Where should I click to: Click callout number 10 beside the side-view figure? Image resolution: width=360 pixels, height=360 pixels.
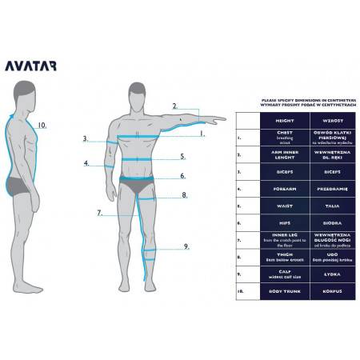pyautogui.click(x=42, y=125)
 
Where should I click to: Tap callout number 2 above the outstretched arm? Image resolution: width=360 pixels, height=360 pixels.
pyautogui.click(x=174, y=106)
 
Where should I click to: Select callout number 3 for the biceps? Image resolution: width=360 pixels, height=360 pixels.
pyautogui.click(x=85, y=138)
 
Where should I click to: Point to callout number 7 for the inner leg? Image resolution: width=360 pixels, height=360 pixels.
pyautogui.click(x=99, y=213)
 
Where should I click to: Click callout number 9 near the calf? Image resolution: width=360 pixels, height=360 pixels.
pyautogui.click(x=186, y=246)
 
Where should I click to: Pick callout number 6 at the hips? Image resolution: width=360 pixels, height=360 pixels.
pyautogui.click(x=182, y=176)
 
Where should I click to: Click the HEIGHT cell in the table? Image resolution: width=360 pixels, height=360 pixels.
pyautogui.click(x=273, y=120)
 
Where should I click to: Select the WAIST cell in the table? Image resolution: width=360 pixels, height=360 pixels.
pyautogui.click(x=273, y=205)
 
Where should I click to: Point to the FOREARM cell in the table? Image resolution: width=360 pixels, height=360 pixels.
pyautogui.click(x=273, y=188)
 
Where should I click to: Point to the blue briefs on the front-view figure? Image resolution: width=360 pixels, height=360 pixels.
pyautogui.click(x=135, y=186)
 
